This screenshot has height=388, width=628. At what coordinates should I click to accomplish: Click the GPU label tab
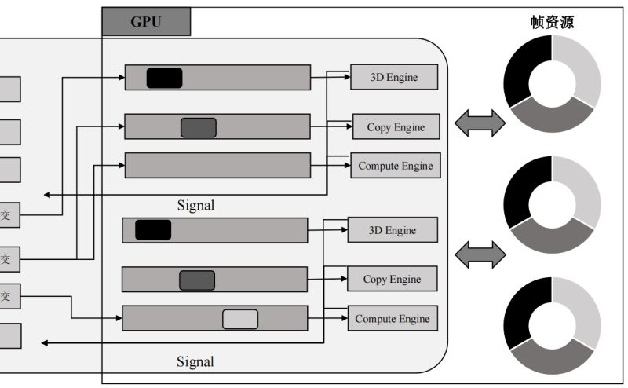click(x=146, y=22)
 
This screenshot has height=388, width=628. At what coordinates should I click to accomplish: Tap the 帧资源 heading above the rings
click(x=552, y=22)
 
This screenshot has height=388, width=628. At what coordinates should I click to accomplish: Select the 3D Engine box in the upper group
click(x=394, y=77)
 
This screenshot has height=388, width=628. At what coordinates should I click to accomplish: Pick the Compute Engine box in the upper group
click(x=395, y=166)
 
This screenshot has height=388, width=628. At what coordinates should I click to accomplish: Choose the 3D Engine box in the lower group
click(x=392, y=230)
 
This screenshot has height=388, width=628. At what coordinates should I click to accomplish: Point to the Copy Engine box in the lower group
click(x=392, y=279)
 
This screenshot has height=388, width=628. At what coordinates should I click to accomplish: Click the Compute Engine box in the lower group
click(x=392, y=319)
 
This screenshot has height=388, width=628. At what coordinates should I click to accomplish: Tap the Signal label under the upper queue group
click(x=195, y=206)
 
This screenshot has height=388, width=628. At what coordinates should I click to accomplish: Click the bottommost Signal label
click(x=195, y=362)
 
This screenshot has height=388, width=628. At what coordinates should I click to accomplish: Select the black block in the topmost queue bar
click(x=164, y=78)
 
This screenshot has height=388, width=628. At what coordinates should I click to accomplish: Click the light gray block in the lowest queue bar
click(x=240, y=319)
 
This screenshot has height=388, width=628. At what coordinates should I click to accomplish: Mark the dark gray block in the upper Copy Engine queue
click(x=198, y=127)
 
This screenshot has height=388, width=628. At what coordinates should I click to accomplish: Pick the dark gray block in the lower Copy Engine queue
click(x=196, y=280)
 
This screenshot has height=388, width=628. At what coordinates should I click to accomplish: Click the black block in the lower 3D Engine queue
click(x=152, y=230)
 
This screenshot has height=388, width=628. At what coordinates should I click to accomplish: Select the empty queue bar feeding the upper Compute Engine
click(x=217, y=166)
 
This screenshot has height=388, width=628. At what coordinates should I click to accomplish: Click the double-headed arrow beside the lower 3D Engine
click(x=480, y=252)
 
